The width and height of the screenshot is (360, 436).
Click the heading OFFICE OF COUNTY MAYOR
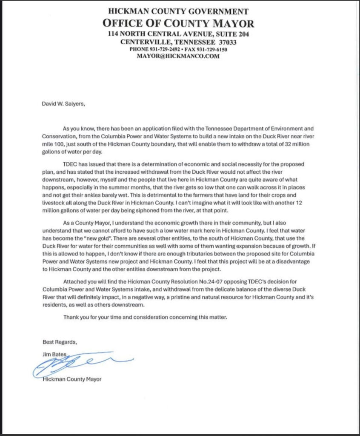click(x=178, y=23)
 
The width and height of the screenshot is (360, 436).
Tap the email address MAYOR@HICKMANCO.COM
click(x=178, y=56)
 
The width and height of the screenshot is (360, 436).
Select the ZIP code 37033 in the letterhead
click(x=228, y=42)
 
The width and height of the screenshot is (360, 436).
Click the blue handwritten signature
click(x=81, y=364)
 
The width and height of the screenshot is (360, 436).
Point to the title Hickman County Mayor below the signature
click(x=72, y=379)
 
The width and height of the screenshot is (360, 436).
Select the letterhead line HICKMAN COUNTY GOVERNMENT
click(x=178, y=11)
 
